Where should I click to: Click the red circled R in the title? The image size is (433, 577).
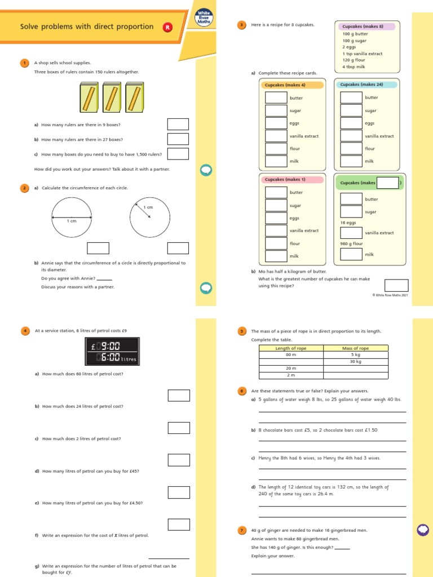click(x=167, y=27)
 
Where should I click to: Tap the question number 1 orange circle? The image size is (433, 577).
click(x=24, y=63)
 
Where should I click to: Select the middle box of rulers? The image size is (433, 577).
click(x=112, y=97)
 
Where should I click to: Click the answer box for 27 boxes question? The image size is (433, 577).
click(x=178, y=139)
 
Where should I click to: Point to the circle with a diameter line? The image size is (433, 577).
click(x=72, y=217)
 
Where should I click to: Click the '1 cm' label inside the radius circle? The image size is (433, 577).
click(x=148, y=207)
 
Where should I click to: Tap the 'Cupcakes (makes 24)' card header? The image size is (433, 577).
click(x=367, y=85)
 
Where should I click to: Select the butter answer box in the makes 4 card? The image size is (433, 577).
click(x=276, y=97)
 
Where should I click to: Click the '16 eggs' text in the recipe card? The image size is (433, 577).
click(x=348, y=223)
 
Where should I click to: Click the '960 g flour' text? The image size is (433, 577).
click(x=351, y=243)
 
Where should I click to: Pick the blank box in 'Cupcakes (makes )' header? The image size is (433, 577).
click(x=387, y=183)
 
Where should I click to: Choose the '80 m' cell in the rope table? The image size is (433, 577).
click(x=291, y=355)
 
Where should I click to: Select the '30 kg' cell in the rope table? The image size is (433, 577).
click(x=355, y=361)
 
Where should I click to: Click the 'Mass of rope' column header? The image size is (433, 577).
click(x=355, y=348)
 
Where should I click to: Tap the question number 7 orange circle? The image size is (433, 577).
click(x=242, y=530)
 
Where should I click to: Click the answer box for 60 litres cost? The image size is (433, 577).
click(x=179, y=396)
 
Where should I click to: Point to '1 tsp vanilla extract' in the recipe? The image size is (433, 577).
click(x=362, y=54)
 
